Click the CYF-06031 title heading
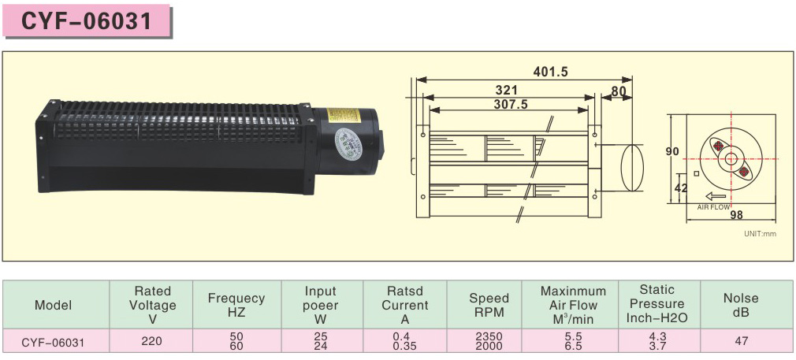(x=87, y=20)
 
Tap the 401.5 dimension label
(x=550, y=72)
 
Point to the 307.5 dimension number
(x=510, y=103)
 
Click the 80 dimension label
(x=619, y=90)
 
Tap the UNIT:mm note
(x=761, y=234)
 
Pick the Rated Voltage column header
(x=152, y=305)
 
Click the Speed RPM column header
(x=489, y=305)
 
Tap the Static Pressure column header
(x=657, y=304)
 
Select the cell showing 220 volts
(x=152, y=342)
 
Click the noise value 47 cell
(x=741, y=342)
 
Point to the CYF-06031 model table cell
(x=53, y=342)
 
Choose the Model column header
(x=53, y=305)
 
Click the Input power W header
(x=320, y=305)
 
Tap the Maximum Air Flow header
(x=573, y=305)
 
